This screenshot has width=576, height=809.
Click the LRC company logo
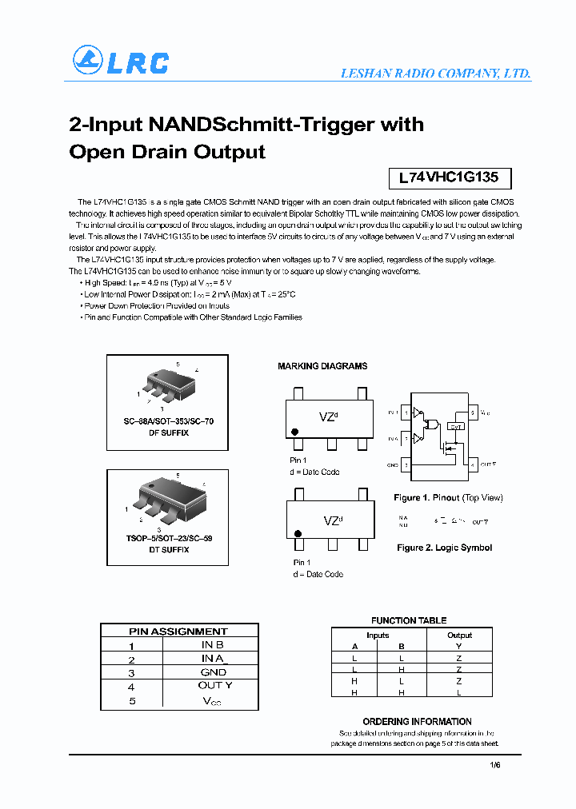coord(120,61)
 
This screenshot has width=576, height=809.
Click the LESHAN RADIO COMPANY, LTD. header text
coord(435,73)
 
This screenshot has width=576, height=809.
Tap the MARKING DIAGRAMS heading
coord(322,366)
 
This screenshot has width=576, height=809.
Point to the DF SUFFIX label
coord(168,432)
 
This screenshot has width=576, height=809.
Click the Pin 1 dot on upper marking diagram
coord(295,432)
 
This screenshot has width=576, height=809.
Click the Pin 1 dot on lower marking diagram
coord(298,534)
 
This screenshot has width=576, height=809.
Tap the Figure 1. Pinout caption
coord(448,498)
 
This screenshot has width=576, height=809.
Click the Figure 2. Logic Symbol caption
coord(444,548)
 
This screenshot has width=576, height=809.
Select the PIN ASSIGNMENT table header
coord(178,632)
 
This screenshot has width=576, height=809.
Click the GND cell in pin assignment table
coord(213,672)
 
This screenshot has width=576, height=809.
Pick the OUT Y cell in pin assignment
coord(214,686)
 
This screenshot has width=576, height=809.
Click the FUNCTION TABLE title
coord(409,620)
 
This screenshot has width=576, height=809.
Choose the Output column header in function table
coord(459,636)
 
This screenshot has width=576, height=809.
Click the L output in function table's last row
coord(459,692)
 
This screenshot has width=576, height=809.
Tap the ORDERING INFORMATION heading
coord(417,721)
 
